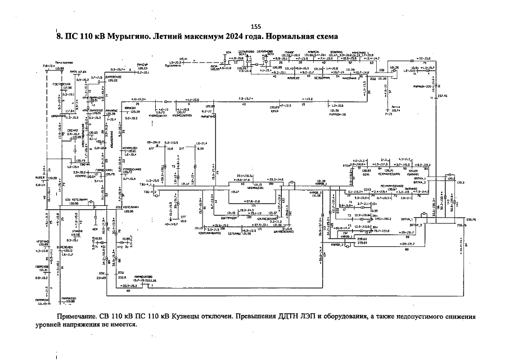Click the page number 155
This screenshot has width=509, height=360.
click(x=256, y=26)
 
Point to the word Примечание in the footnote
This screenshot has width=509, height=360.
click(x=82, y=317)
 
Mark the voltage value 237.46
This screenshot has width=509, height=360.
click(x=440, y=96)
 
